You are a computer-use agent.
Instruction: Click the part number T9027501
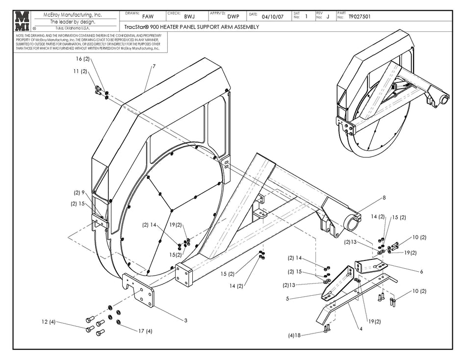359,16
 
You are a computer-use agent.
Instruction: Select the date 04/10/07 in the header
273,16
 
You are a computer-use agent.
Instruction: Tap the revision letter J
328,16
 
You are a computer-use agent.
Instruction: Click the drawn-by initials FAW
147,16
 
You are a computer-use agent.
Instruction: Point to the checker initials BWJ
189,16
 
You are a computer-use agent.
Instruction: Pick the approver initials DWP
233,16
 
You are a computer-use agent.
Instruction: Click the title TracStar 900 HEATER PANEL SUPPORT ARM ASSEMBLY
189,27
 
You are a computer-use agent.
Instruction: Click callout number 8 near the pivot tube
384,198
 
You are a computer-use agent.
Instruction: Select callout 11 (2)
81,71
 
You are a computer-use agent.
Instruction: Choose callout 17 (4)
146,331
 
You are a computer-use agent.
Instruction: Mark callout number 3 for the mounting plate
185,320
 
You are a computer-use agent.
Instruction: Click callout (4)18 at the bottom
295,335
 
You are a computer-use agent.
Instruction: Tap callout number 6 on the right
421,271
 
